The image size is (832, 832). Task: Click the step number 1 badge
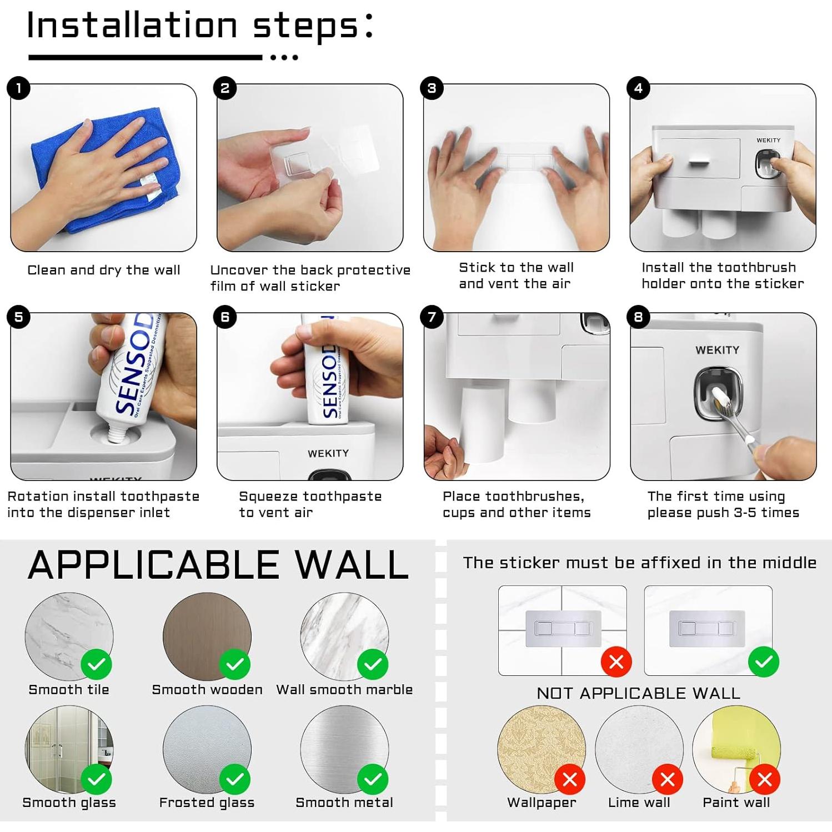pos(19,88)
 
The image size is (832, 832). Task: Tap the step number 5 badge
pos(19,317)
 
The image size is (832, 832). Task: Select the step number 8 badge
pos(638,317)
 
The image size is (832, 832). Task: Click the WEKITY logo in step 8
pos(717,350)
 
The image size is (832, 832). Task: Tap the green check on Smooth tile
pos(97,664)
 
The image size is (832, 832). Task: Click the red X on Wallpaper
pos(570,779)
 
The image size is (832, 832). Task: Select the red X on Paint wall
pos(765,779)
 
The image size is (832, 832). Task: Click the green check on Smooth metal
pos(373,779)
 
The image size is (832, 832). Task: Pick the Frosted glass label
pos(207,803)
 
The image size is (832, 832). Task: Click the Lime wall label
pos(639,803)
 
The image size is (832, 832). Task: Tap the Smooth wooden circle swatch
pos(207,636)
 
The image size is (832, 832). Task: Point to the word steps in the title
pos(305,26)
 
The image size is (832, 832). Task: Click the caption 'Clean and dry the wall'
pos(104,270)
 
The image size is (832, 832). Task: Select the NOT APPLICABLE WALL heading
pos(639,693)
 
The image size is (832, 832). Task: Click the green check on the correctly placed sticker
pos(764,661)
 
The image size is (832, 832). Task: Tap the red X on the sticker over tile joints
pos(617,661)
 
